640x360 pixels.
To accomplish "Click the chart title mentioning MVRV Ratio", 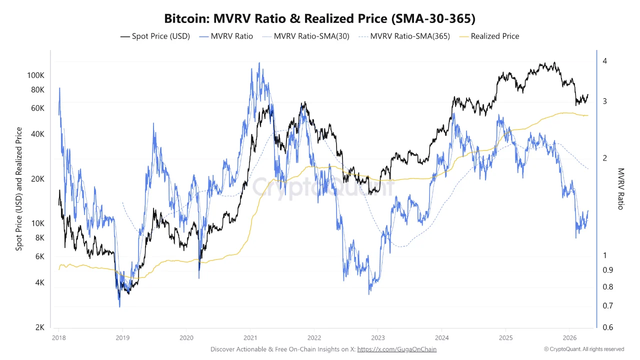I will pyautogui.click(x=320, y=18).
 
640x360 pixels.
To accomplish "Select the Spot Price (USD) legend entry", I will pyautogui.click(x=155, y=36).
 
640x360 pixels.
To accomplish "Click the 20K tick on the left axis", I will pyautogui.click(x=38, y=179).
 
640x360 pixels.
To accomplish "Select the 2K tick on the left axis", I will pyautogui.click(x=40, y=327).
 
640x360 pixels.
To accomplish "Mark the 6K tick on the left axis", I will pyautogui.click(x=40, y=256).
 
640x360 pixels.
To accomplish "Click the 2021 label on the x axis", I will pyautogui.click(x=250, y=338).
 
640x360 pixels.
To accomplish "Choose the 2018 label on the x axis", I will pyautogui.click(x=59, y=338).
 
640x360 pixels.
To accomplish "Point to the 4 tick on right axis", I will pyautogui.click(x=604, y=61).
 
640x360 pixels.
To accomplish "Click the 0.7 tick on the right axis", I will pyautogui.click(x=607, y=305).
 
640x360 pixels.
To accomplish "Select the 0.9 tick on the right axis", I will pyautogui.click(x=607, y=270).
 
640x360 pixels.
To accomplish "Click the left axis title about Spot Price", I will pyautogui.click(x=19, y=189).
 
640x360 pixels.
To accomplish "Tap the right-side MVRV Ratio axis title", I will pyautogui.click(x=620, y=188).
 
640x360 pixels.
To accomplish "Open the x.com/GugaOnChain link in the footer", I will pyautogui.click(x=397, y=349).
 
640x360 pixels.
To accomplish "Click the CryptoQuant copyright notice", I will pyautogui.click(x=584, y=349).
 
